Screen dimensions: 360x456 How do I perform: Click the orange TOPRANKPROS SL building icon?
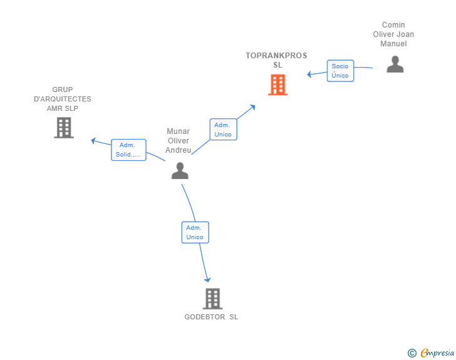point(277,85)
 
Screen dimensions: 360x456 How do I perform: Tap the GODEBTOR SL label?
point(211,317)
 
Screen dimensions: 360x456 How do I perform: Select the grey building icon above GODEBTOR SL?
point(212,299)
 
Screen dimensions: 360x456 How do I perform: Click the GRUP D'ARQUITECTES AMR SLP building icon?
point(63,128)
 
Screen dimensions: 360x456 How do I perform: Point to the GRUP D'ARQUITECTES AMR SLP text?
point(62,99)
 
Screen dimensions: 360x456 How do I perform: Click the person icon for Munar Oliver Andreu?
point(180,171)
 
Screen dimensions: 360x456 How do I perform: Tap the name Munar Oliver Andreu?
point(179,141)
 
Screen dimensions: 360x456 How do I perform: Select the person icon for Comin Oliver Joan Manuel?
point(395,64)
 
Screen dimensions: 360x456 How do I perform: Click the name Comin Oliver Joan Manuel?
point(393,34)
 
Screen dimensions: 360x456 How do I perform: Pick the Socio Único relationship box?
point(340,71)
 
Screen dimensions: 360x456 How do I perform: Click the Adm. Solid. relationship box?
point(128,150)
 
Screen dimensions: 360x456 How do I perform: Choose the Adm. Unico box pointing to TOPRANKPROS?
point(223,130)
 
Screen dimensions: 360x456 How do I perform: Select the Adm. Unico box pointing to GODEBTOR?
point(195,232)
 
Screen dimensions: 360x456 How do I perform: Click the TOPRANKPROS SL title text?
point(276,60)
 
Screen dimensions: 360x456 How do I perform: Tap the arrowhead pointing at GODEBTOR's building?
point(207,279)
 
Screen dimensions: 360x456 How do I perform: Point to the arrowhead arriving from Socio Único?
point(309,75)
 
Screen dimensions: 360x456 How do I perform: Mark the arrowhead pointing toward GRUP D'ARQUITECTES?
point(94,140)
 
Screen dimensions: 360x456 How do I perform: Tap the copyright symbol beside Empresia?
point(412,353)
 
